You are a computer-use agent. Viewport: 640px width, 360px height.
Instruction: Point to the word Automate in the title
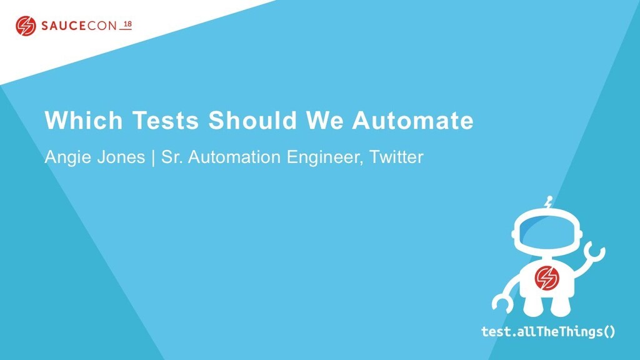pyautogui.click(x=412, y=121)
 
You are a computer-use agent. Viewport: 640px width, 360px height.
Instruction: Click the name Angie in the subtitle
pyautogui.click(x=63, y=157)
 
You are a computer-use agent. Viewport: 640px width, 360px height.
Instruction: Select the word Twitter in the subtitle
pyautogui.click(x=396, y=157)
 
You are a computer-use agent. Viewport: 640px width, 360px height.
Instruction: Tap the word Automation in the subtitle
pyautogui.click(x=235, y=157)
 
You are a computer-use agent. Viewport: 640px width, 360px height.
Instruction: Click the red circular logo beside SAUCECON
pyautogui.click(x=26, y=26)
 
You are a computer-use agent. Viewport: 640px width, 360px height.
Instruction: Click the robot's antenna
pyautogui.click(x=548, y=203)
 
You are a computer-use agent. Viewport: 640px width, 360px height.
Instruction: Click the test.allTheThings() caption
pyautogui.click(x=548, y=331)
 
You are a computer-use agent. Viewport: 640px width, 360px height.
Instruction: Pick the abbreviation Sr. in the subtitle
pyautogui.click(x=171, y=157)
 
